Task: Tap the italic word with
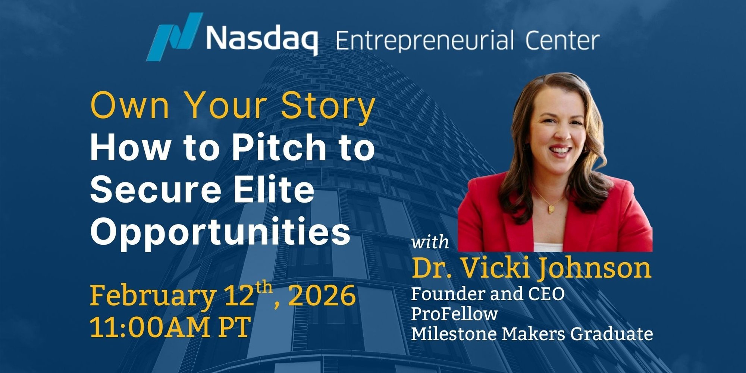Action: click(x=430, y=242)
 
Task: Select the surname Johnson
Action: click(x=595, y=268)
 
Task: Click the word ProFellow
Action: click(x=454, y=314)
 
